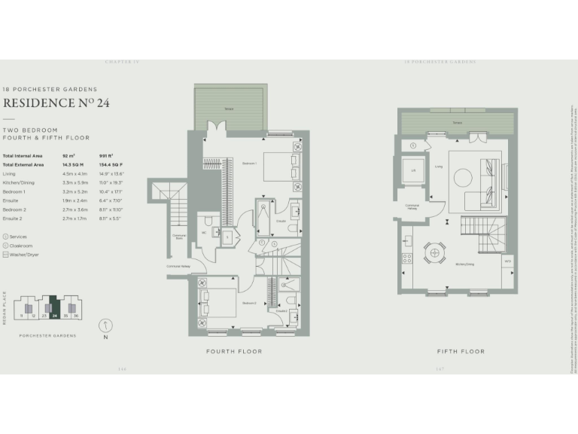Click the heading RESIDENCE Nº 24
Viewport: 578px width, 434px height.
pyautogui.click(x=57, y=103)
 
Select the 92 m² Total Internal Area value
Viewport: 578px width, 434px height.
pyautogui.click(x=72, y=156)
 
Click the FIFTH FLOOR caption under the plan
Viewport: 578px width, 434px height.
pyautogui.click(x=461, y=352)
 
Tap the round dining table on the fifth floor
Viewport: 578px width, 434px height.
pyautogui.click(x=435, y=252)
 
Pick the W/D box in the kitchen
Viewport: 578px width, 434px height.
pyautogui.click(x=507, y=261)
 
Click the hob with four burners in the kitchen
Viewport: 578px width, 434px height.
pyautogui.click(x=406, y=258)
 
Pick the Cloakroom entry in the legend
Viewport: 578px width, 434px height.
pyautogui.click(x=23, y=245)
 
